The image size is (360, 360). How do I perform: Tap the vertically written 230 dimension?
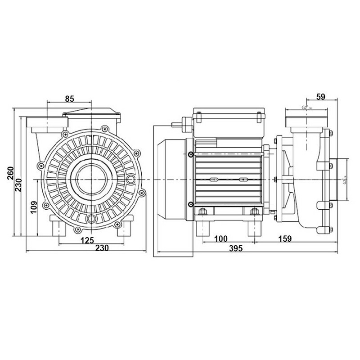coord(19,183)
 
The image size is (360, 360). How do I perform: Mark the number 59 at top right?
coord(321,96)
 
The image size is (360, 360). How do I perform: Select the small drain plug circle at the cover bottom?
coord(92,220)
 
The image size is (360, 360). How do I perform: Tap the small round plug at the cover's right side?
coord(131,180)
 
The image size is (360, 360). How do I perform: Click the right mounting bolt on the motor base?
coord(255,211)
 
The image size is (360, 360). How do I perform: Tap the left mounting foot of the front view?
coord(57,226)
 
